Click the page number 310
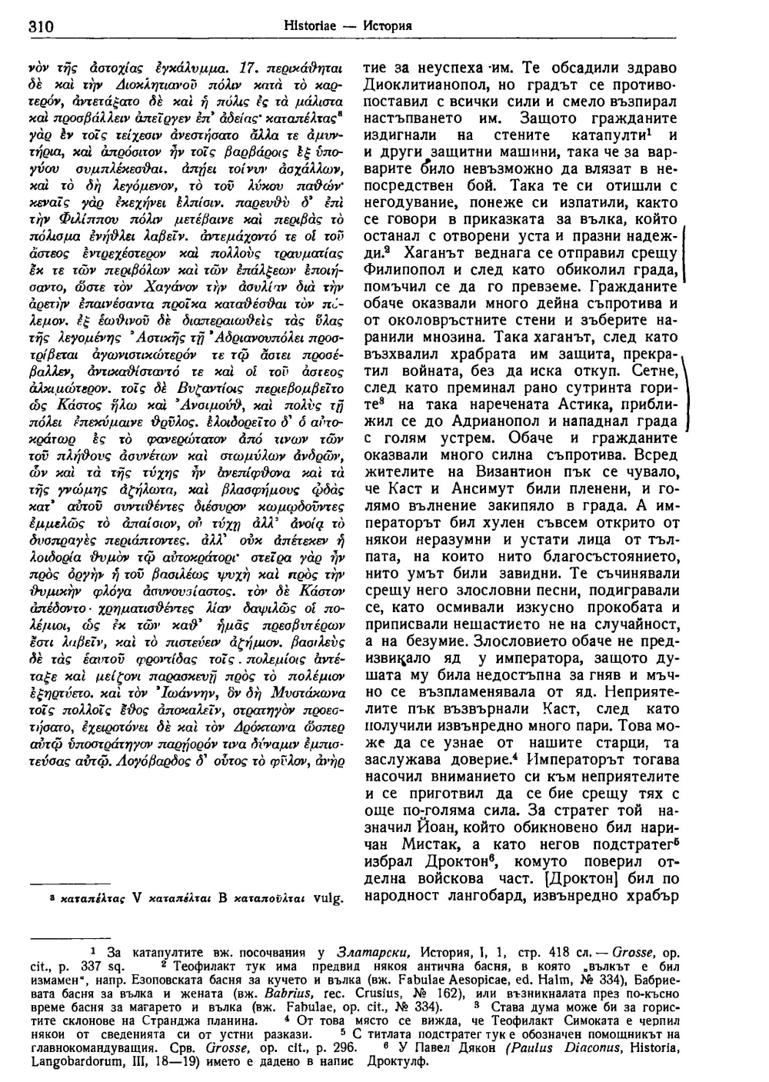38,25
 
